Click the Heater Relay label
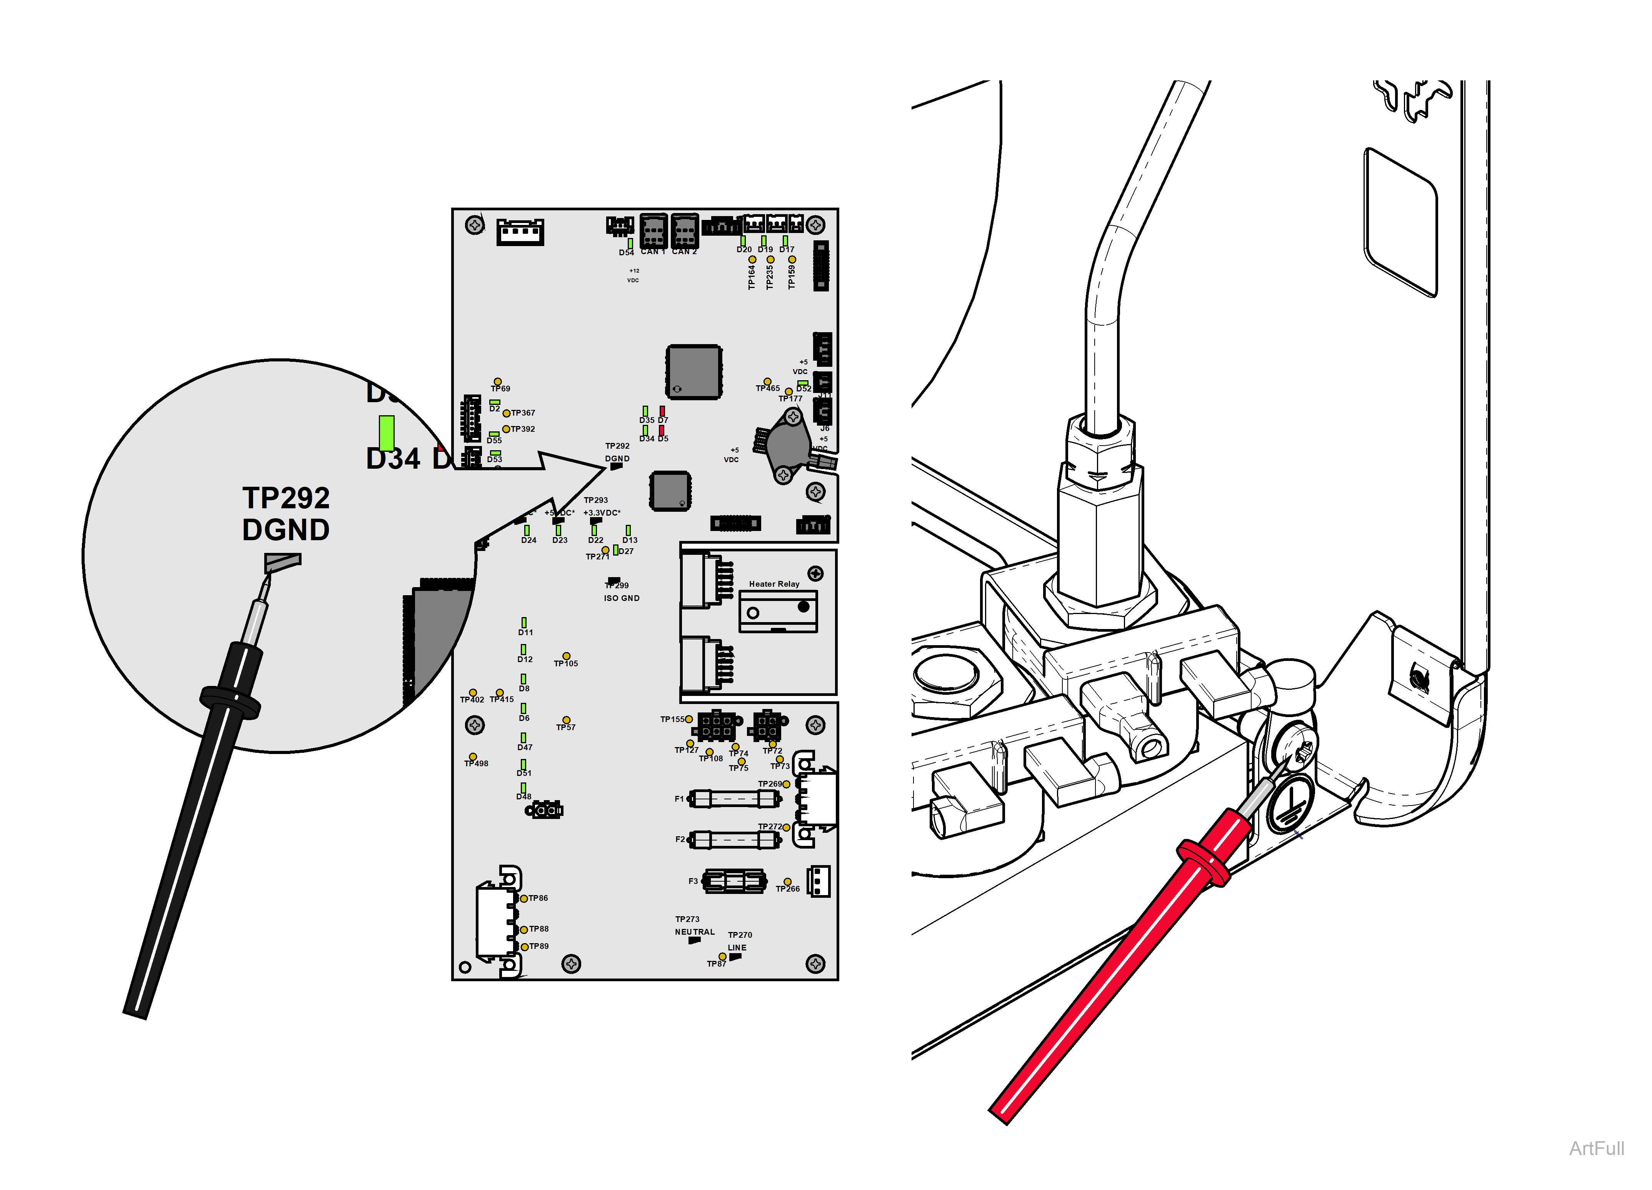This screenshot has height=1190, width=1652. point(773,584)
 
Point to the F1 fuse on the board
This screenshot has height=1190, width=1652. point(734,799)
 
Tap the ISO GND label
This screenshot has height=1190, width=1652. point(621,598)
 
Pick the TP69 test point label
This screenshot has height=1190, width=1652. point(500,389)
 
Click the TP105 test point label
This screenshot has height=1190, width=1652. point(566,664)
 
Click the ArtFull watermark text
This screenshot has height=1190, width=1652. point(1596,1148)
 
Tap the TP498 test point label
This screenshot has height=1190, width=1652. point(477,763)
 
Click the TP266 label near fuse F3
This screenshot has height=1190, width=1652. point(787,889)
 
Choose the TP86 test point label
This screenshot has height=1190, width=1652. point(538,898)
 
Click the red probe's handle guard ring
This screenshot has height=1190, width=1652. point(1203,862)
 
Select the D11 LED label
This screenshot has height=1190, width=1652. point(525,632)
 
